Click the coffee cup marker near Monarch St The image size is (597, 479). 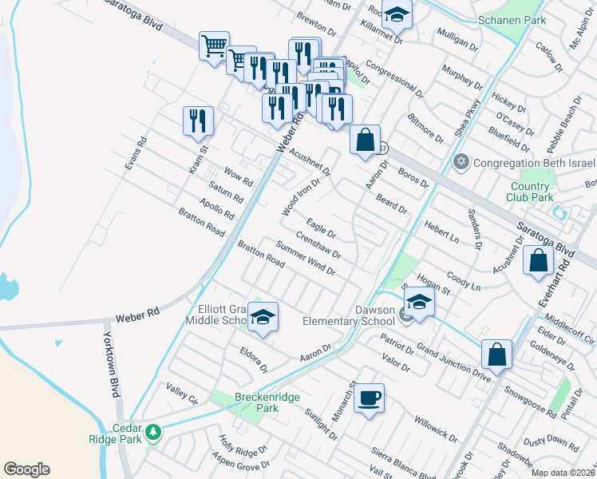click(x=369, y=398)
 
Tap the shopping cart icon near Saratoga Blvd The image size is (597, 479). click(x=214, y=46)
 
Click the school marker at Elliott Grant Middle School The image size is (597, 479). click(x=263, y=317)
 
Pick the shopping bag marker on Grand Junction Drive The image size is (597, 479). click(x=496, y=354)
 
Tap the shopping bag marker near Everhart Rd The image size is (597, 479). click(x=539, y=260)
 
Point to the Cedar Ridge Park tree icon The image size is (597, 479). click(x=153, y=433)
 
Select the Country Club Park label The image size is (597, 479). click(x=531, y=192)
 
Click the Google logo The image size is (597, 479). click(x=26, y=469)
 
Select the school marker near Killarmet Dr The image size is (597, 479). click(x=396, y=14)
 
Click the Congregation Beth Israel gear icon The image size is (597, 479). click(x=460, y=163)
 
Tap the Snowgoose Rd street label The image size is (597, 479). click(x=530, y=400)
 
